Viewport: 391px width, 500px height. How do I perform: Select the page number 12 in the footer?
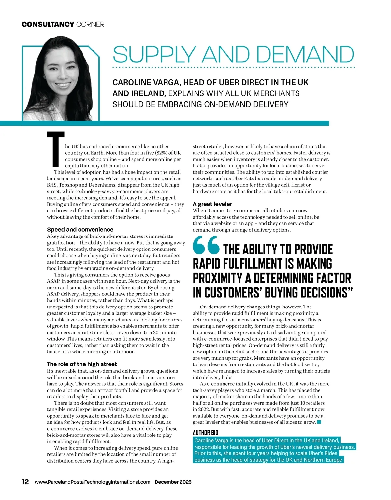click(25, 482)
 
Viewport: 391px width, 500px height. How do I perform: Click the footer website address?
click(92, 482)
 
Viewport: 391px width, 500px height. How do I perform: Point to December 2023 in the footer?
click(173, 482)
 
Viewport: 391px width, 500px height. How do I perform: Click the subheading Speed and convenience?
click(80, 229)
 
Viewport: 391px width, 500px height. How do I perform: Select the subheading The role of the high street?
click(82, 364)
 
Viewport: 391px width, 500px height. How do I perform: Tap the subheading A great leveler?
click(212, 204)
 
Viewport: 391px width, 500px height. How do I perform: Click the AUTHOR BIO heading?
click(205, 433)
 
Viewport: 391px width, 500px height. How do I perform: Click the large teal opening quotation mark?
click(206, 246)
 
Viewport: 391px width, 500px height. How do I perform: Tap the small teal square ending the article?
click(319, 422)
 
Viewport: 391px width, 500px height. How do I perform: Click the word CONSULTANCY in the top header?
click(48, 24)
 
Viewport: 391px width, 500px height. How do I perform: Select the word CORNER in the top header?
click(90, 24)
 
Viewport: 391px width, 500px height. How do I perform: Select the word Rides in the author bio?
click(330, 453)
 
